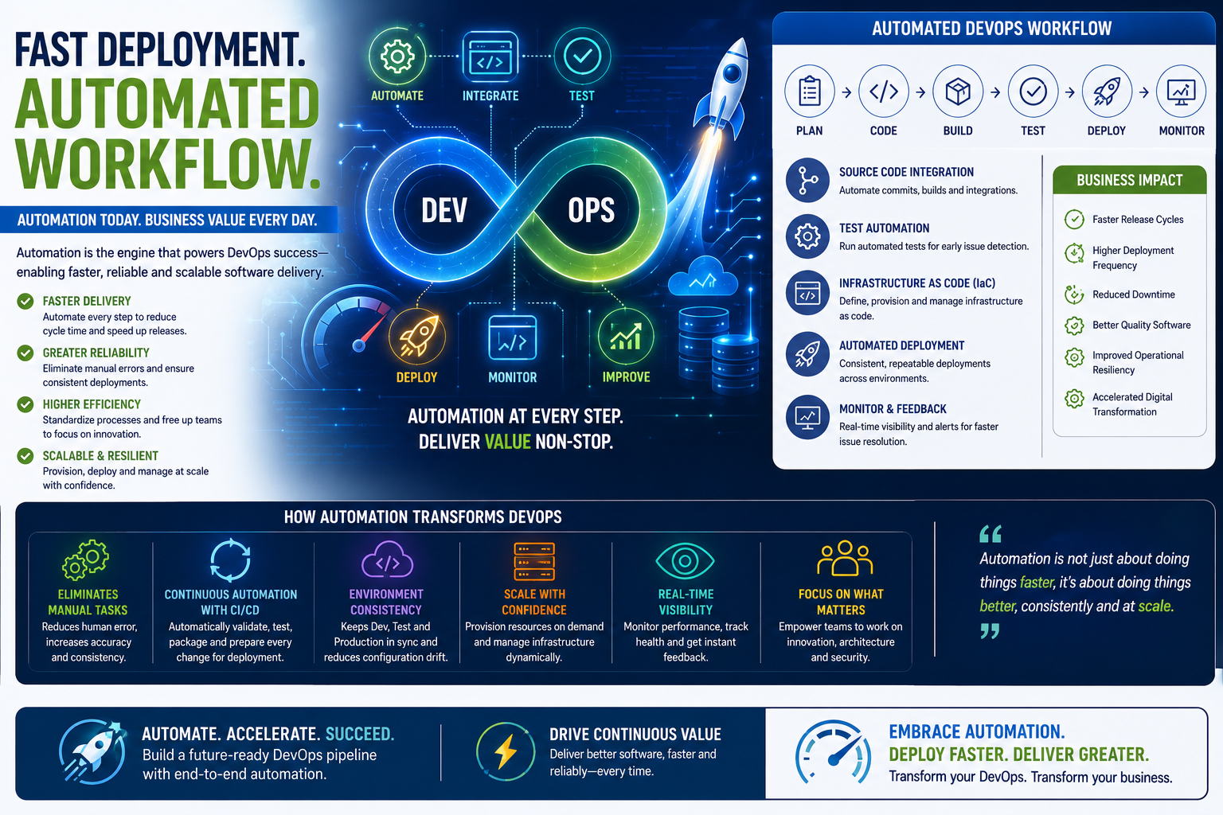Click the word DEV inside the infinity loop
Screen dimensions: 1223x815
click(x=443, y=211)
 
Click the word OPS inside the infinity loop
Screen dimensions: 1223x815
click(x=592, y=211)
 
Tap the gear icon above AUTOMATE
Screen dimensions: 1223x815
click(x=397, y=56)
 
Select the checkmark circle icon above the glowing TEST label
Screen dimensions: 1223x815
click(x=582, y=56)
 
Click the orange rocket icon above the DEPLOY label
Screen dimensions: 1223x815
click(x=417, y=336)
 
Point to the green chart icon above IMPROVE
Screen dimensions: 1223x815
click(x=626, y=336)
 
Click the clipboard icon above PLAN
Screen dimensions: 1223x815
click(x=809, y=92)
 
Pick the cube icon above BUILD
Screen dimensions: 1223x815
click(x=958, y=92)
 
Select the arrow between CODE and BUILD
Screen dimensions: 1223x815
click(x=920, y=93)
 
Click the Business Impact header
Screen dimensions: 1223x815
click(x=1129, y=180)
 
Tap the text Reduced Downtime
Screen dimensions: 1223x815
click(x=1134, y=294)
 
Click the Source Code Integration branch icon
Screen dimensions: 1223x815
click(x=807, y=180)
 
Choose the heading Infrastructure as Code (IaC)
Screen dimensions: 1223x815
click(x=917, y=283)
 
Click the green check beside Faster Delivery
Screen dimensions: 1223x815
click(x=25, y=302)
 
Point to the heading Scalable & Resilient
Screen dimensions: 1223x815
click(x=100, y=456)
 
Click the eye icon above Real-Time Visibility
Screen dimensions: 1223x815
click(x=686, y=560)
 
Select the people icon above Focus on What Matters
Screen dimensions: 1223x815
click(x=845, y=559)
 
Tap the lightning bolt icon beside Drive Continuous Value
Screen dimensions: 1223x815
click(x=505, y=751)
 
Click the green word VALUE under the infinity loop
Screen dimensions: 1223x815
click(x=508, y=442)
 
